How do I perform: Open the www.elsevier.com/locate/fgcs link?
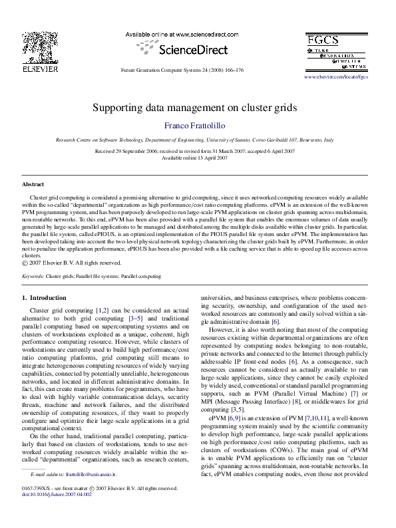click(335, 77)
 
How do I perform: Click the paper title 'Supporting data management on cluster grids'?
click(194, 107)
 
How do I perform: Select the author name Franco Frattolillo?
click(194, 126)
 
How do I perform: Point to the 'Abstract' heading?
click(33, 184)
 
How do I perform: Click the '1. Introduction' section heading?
click(44, 297)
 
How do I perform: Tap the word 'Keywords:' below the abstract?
click(33, 275)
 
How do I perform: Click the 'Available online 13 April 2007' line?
click(194, 158)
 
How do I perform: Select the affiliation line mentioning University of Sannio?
click(194, 142)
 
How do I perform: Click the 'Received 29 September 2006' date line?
click(194, 152)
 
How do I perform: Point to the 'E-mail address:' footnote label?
click(48, 493)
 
